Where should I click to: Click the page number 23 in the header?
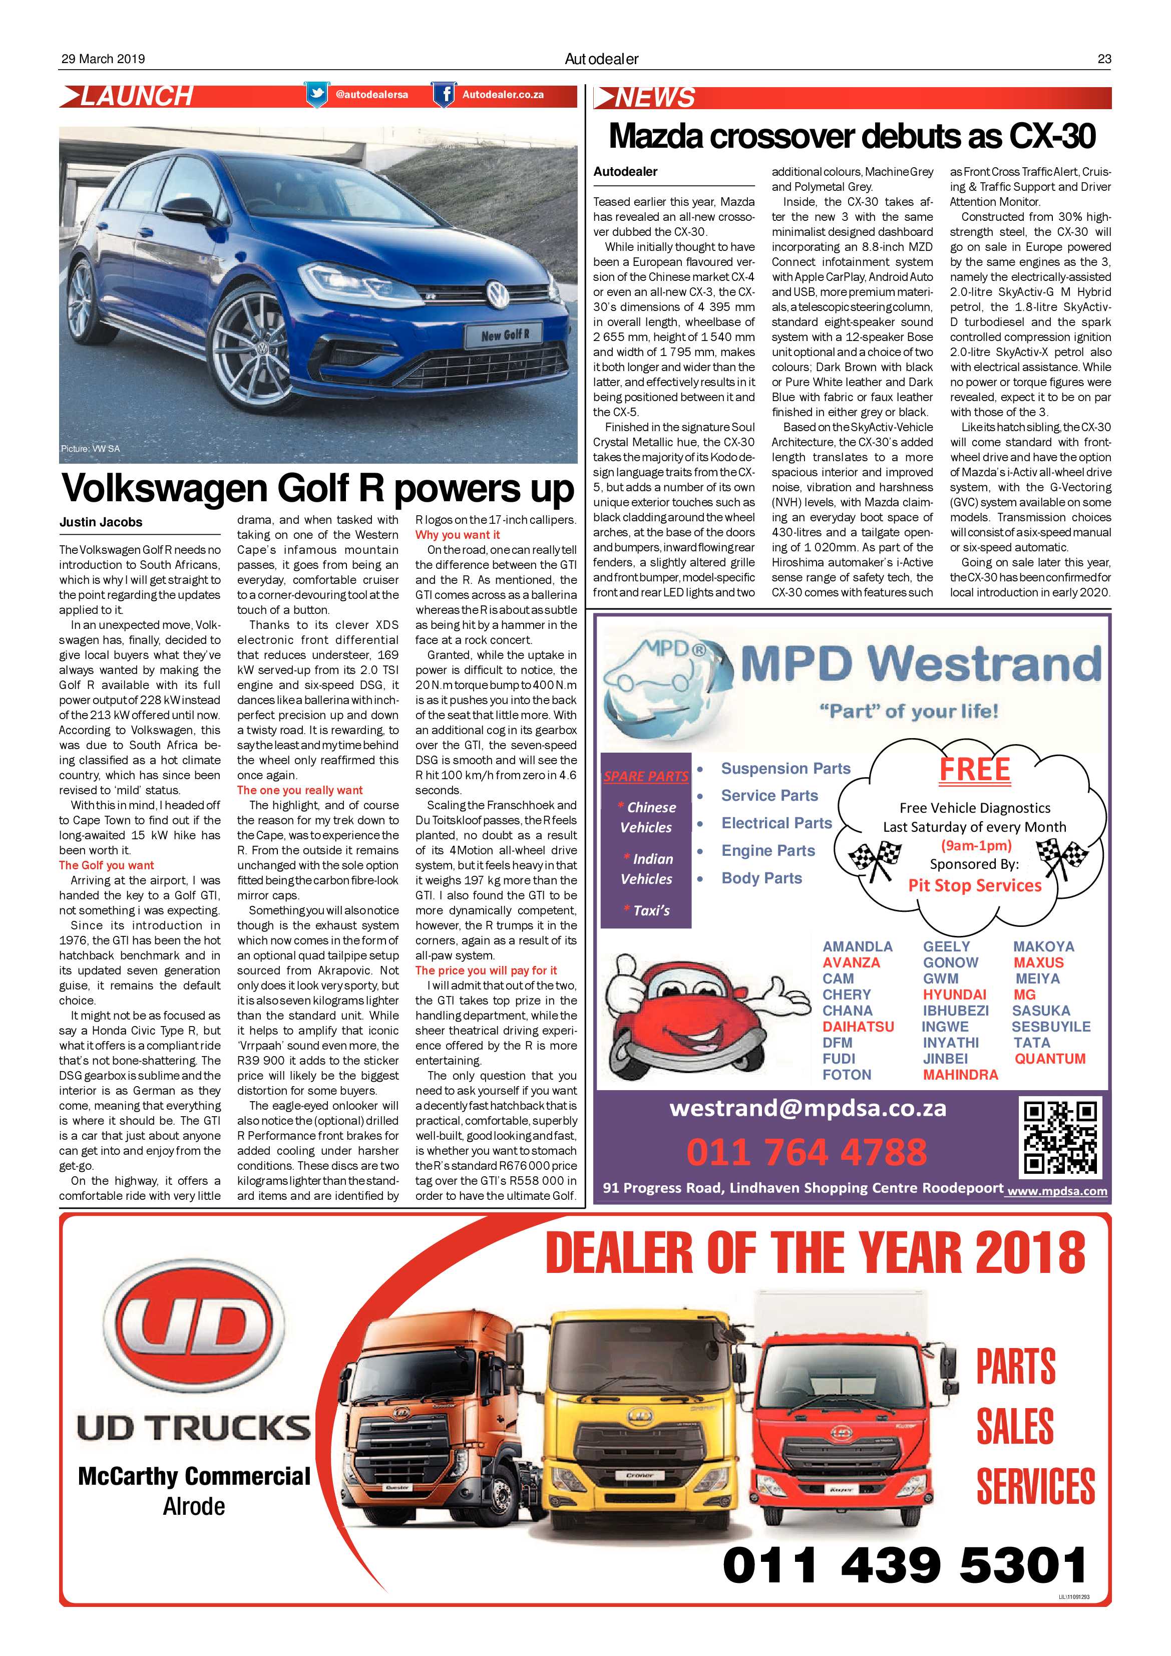click(1103, 59)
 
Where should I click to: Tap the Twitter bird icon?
click(316, 95)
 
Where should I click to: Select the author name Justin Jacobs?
click(101, 522)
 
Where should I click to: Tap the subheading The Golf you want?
click(107, 865)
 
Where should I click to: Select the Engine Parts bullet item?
click(768, 851)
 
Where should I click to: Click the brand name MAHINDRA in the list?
click(960, 1075)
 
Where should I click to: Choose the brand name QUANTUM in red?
click(1049, 1059)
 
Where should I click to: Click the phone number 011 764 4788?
click(806, 1152)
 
